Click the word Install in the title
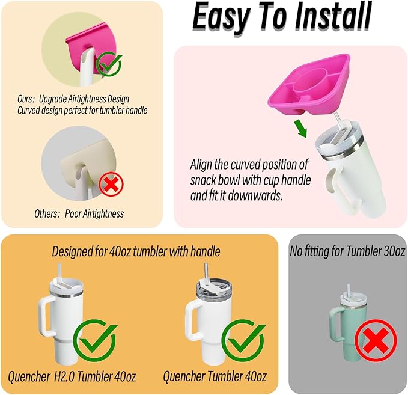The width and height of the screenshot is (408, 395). [333, 17]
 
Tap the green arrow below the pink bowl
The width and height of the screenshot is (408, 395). [301, 128]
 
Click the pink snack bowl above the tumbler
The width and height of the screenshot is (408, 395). [309, 84]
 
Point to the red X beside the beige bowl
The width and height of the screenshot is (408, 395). [111, 185]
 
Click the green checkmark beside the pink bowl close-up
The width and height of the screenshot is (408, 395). [109, 64]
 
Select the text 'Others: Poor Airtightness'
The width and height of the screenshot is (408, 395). [79, 214]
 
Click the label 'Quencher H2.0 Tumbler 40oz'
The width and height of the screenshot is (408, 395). [72, 376]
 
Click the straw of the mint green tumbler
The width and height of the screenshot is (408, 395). [348, 290]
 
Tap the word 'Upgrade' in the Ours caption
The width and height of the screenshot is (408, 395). [53, 99]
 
